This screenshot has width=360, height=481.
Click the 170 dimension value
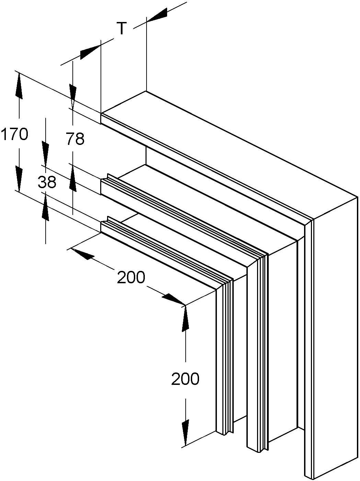click(14, 134)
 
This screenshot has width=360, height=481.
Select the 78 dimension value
click(75, 139)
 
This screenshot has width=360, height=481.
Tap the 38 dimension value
click(47, 182)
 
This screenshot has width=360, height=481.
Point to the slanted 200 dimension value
click(131, 277)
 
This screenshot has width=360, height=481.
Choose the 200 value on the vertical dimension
click(185, 379)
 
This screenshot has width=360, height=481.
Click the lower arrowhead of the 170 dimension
click(19, 179)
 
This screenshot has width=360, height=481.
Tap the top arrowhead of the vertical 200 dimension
click(185, 318)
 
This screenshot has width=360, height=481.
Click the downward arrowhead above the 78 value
click(73, 96)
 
